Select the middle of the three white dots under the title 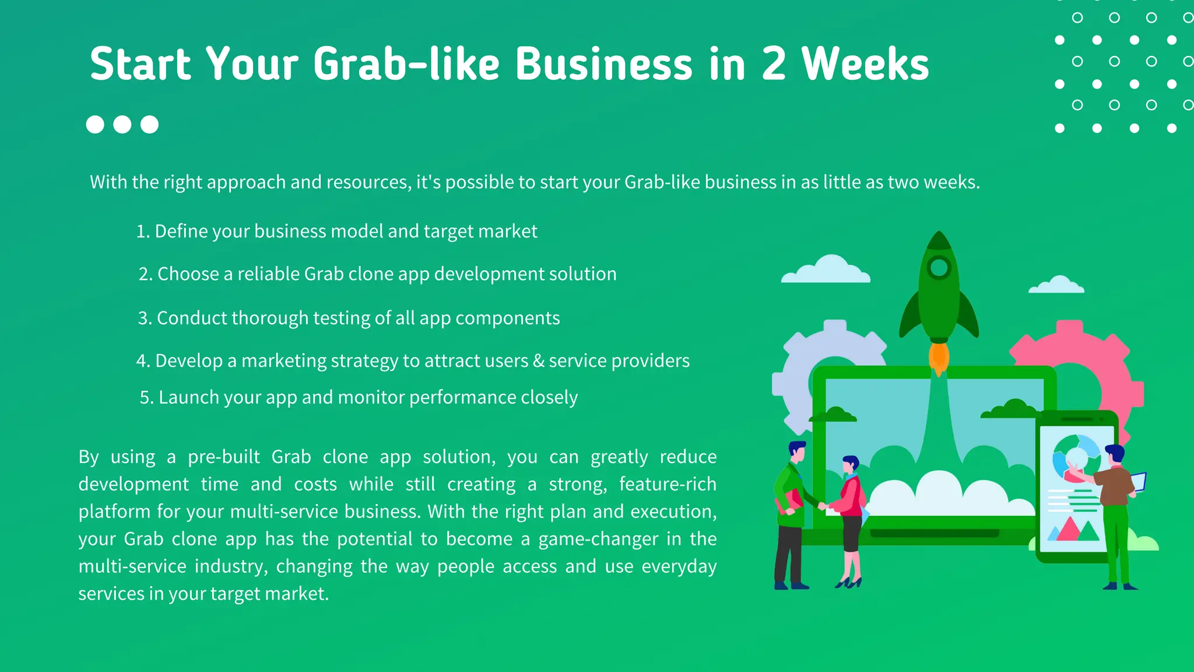point(122,124)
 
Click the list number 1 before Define point(142,232)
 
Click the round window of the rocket point(939,268)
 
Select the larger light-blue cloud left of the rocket point(827,270)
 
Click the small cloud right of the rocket point(1056,285)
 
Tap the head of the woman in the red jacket point(851,464)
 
